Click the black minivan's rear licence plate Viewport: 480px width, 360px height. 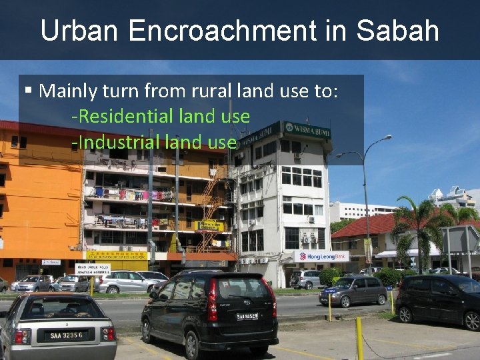(247, 317)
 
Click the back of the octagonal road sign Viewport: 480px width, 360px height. (460, 239)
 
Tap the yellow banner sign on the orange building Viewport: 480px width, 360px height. (116, 255)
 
